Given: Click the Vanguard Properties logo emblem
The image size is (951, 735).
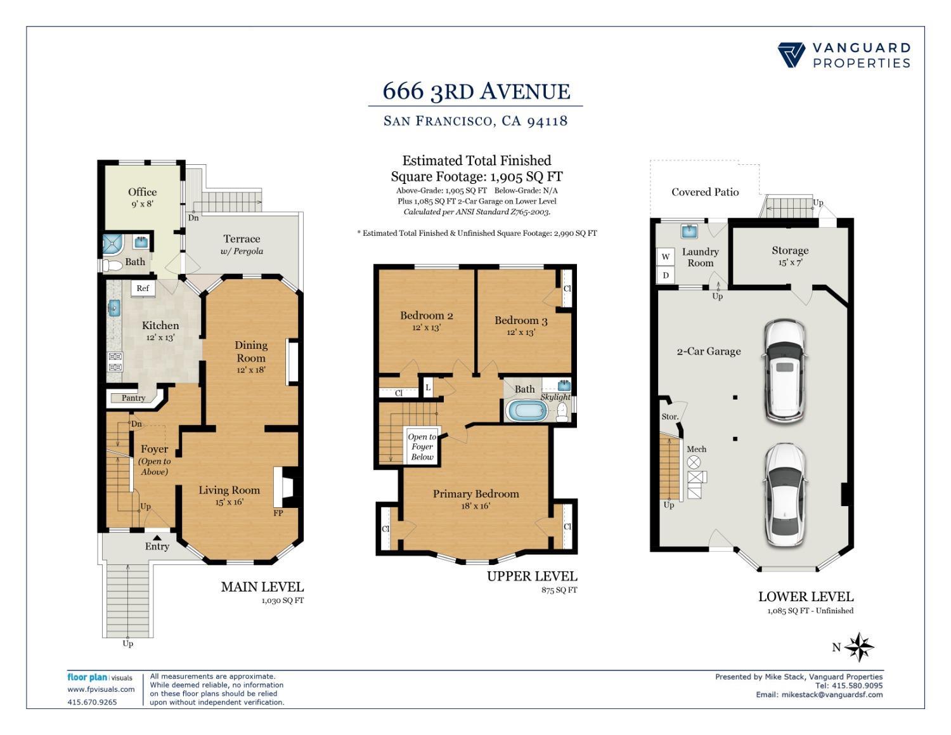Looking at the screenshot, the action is coord(791,55).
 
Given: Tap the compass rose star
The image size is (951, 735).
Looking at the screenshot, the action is coord(859,647).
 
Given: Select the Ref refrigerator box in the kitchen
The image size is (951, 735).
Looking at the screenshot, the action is coord(143,289).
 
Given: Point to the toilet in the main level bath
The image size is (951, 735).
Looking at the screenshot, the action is coord(112,265).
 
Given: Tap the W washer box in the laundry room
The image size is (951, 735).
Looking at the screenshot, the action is coord(665,257).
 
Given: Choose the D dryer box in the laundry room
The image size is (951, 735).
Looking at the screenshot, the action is coord(665,275).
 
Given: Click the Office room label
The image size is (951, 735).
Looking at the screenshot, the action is coord(142,192).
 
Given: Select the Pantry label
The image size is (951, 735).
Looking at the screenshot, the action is coord(133,398).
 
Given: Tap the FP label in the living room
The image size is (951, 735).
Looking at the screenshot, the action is coord(278,513).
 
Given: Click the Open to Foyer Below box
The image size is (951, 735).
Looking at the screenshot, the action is coord(422,446).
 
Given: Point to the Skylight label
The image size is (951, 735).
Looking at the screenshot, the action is coord(555,397).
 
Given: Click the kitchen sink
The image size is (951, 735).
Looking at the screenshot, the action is coord(114,308).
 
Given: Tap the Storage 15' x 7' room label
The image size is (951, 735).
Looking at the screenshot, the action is coord(790,256).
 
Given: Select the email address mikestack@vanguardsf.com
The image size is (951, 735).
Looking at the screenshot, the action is coord(832,694).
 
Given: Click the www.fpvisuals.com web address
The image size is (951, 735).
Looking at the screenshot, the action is coord(101,689).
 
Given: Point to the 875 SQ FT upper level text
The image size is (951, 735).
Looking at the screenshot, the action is coord(559,590).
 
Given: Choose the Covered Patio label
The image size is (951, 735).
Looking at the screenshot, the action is coord(705,192).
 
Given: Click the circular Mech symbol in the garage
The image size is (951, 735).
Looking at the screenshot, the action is coord(694,462).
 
